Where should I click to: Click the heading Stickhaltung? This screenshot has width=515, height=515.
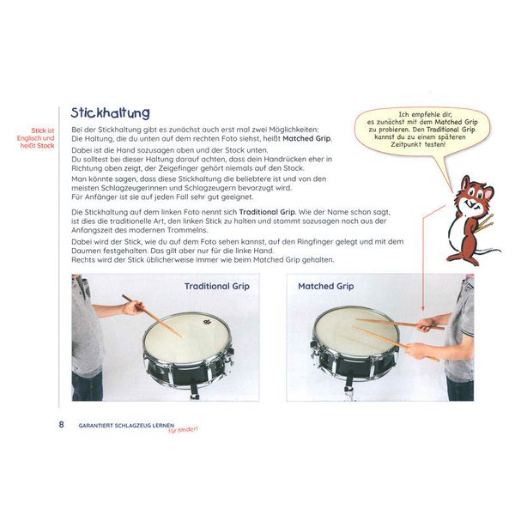(x=110, y=112)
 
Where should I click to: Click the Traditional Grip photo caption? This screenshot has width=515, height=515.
(x=216, y=286)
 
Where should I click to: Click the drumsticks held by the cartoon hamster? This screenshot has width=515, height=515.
(x=485, y=226)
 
